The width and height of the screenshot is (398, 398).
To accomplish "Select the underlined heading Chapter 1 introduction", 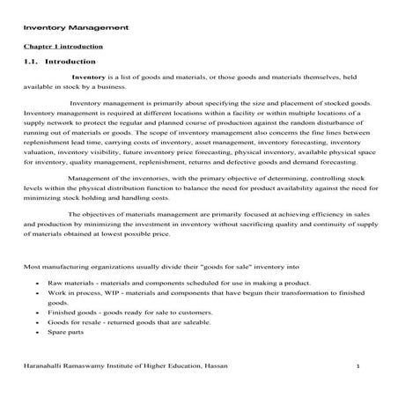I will [x=63, y=46].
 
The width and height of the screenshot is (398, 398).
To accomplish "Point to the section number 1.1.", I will [x=32, y=63].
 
